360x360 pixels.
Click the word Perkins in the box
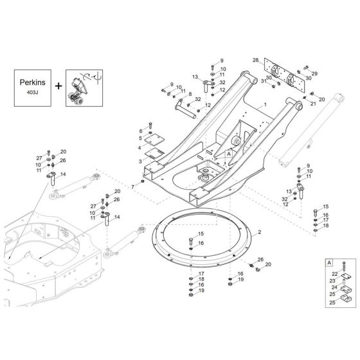tap(37, 84)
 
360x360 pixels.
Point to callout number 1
tap(263, 103)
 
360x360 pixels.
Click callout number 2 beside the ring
tap(259, 230)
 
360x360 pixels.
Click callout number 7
tap(132, 186)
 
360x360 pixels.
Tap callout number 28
tap(255, 60)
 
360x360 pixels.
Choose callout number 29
tap(314, 75)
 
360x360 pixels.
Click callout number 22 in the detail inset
tap(325, 273)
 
